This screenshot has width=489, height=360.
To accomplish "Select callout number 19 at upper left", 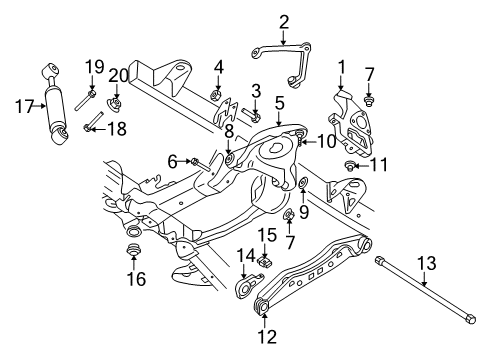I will pos(93,67).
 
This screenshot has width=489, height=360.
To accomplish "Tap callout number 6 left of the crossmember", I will pos(172,161).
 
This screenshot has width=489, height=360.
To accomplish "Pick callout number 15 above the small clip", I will pos(267,236).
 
